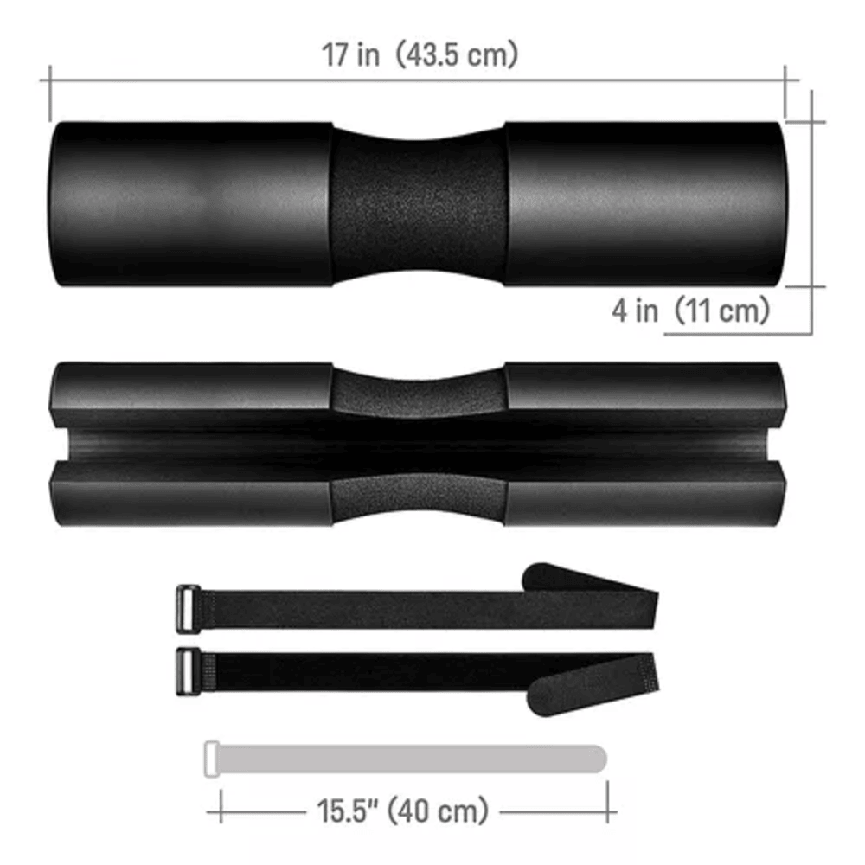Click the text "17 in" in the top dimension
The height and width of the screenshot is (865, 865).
coord(351,54)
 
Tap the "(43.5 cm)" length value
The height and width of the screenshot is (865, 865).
coord(458,54)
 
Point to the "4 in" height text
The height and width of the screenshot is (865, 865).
coord(635,310)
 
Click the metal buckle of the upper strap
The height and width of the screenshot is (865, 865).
coord(188,608)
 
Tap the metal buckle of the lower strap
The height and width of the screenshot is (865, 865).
coord(188,671)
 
